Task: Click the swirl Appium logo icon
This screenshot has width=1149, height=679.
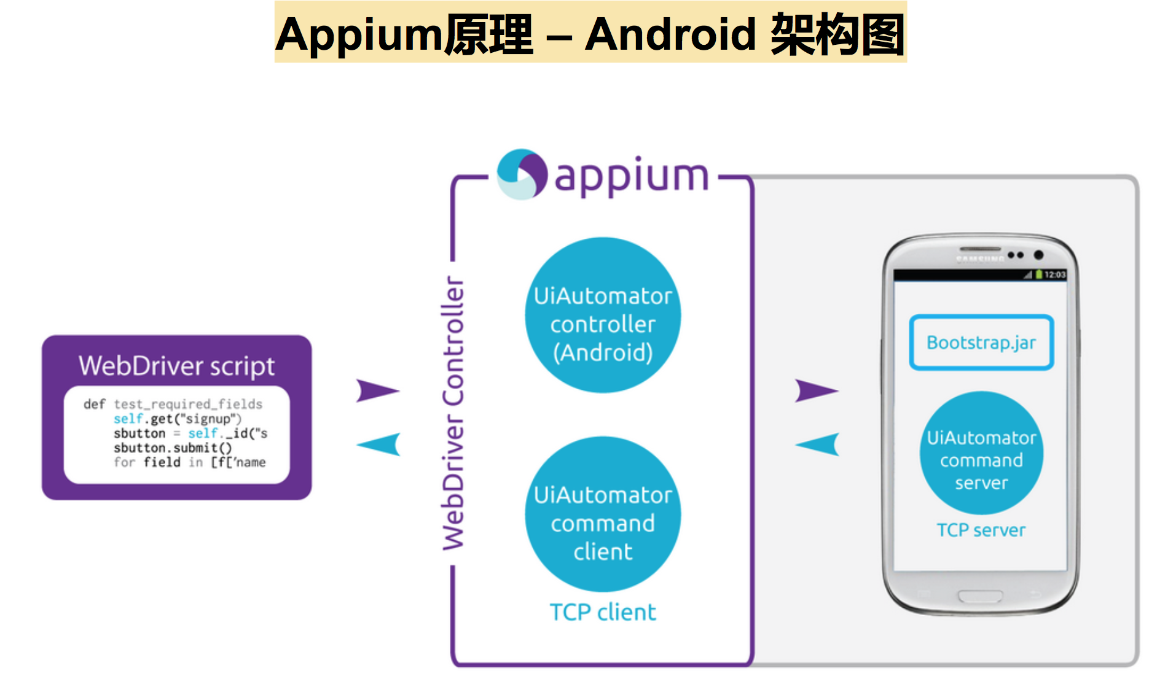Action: click(x=522, y=174)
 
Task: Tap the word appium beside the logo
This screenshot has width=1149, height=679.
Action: click(x=631, y=177)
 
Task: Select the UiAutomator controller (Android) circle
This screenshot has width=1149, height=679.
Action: click(x=603, y=316)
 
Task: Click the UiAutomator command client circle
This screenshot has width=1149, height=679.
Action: click(x=603, y=514)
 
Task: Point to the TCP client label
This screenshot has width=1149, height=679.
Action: click(x=603, y=612)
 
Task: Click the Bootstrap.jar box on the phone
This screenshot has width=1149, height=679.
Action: click(x=981, y=343)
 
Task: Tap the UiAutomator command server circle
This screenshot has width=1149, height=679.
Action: click(x=981, y=453)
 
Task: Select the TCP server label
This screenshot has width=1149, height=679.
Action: click(x=981, y=530)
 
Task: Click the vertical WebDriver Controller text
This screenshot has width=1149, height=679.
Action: click(x=454, y=413)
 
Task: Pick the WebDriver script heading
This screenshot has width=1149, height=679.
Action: click(x=177, y=366)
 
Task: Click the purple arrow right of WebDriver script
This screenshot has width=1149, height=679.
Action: click(x=377, y=390)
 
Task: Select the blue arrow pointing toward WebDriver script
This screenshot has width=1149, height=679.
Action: click(x=380, y=444)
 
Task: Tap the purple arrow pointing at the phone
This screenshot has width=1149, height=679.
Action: click(x=815, y=390)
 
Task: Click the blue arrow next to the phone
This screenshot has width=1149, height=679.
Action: click(x=818, y=444)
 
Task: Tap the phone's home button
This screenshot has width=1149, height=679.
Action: click(x=981, y=596)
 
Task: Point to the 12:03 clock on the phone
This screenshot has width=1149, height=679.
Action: click(x=1054, y=274)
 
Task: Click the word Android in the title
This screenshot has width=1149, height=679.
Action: click(x=670, y=34)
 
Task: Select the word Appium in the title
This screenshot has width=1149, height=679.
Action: click(x=359, y=36)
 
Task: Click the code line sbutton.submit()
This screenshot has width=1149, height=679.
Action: click(x=173, y=448)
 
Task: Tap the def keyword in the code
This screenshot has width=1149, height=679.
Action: click(x=95, y=404)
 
